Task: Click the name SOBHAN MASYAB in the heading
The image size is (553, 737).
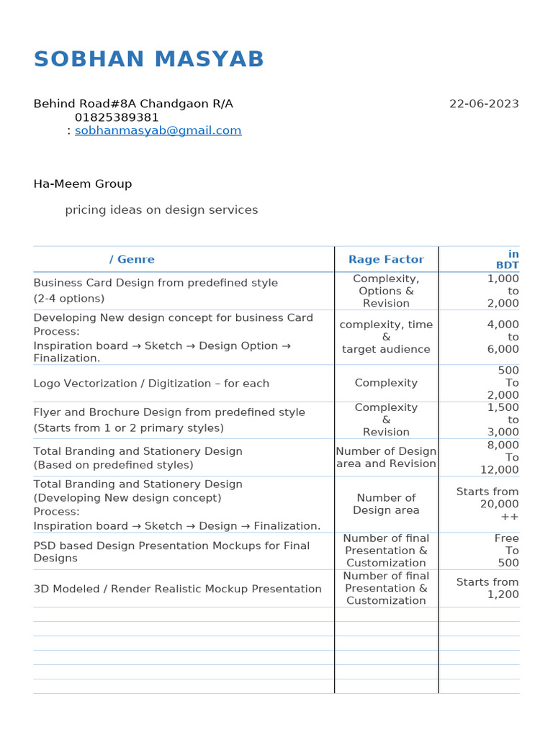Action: tap(149, 60)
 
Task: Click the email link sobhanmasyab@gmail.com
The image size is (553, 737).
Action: tap(158, 130)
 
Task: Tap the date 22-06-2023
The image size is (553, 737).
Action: tap(484, 104)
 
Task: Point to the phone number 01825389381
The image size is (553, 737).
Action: tap(117, 117)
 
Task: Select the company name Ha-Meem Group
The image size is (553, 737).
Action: tap(83, 184)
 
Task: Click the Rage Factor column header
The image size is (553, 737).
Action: tap(386, 259)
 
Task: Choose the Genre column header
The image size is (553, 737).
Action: tap(132, 259)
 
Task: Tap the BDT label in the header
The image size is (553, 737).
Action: tap(507, 266)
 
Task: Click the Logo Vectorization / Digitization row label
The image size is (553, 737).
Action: tap(151, 384)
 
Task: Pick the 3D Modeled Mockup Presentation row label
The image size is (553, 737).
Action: tap(177, 589)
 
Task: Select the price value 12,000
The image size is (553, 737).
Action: tap(500, 469)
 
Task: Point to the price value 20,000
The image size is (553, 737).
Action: tap(499, 504)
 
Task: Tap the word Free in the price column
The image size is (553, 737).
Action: tap(506, 538)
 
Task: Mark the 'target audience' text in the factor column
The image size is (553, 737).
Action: tap(386, 349)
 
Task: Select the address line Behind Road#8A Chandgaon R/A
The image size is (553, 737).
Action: tap(133, 104)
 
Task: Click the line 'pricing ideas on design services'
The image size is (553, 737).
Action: tap(161, 210)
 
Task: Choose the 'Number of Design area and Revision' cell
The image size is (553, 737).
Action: tap(386, 457)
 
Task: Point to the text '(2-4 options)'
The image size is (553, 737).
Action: tap(69, 298)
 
